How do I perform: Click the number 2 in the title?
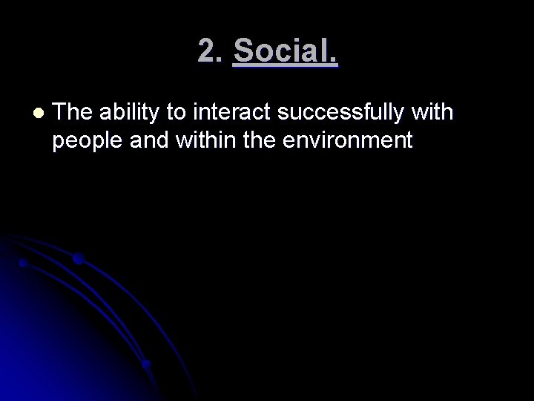207,51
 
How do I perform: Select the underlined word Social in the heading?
283,51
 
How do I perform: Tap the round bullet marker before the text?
39,114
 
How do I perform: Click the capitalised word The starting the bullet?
73,113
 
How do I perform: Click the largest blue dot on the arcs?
79,259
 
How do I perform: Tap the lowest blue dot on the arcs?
147,364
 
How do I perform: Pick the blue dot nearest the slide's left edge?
23,263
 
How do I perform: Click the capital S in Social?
243,51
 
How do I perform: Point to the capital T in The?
60,113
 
